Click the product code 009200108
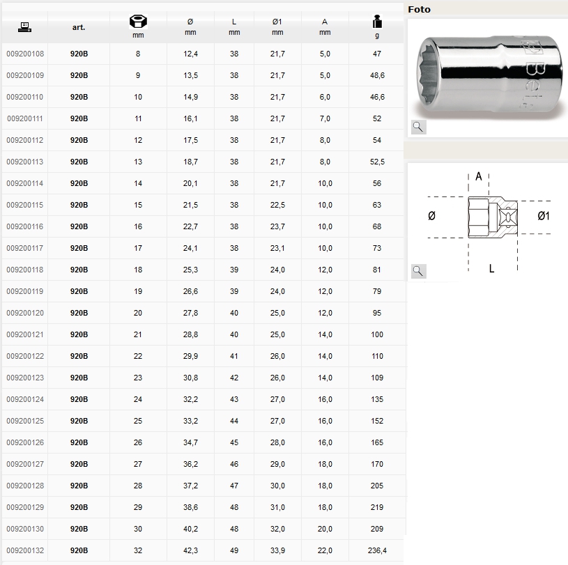pyautogui.click(x=25, y=54)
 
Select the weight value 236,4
pyautogui.click(x=377, y=550)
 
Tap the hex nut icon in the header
pyautogui.click(x=138, y=22)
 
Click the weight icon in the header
pyautogui.click(x=377, y=22)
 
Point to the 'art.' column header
pyautogui.click(x=79, y=27)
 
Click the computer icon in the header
pyautogui.click(x=24, y=27)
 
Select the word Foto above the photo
pyautogui.click(x=419, y=10)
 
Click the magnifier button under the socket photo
pyautogui.click(x=418, y=127)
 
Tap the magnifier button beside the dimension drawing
pyautogui.click(x=418, y=271)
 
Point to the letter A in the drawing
pyautogui.click(x=479, y=176)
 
